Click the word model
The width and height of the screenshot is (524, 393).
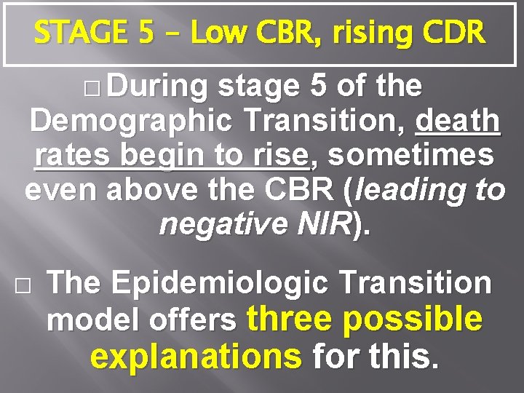(x=86, y=321)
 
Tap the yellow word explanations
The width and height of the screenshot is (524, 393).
(x=196, y=356)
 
